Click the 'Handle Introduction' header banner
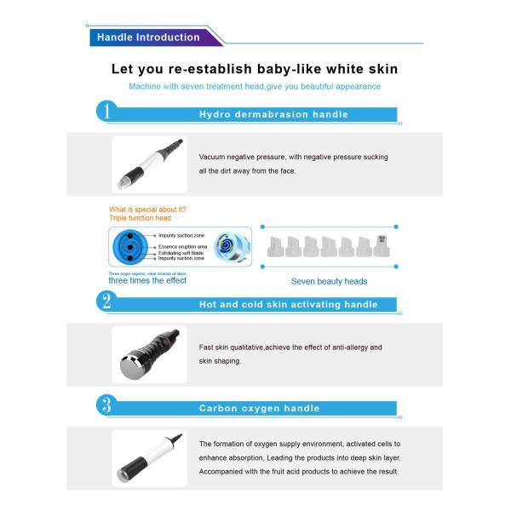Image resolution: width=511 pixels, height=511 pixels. (148, 37)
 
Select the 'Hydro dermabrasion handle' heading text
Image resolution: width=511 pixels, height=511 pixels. (273, 114)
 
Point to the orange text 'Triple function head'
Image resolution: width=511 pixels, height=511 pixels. (141, 218)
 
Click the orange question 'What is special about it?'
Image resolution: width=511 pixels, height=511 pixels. (147, 209)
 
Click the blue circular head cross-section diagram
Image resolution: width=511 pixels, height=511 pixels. (129, 246)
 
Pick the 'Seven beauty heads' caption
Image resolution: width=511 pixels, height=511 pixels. (329, 281)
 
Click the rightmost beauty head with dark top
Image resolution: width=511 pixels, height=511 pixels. (381, 244)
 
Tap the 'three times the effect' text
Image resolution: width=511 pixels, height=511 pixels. (147, 280)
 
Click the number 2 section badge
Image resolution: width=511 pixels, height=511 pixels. (106, 301)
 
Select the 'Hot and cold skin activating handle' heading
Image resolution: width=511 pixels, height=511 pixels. (288, 304)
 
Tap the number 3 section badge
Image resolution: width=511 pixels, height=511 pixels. (106, 405)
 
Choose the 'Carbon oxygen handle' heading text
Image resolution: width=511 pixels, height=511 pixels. (259, 408)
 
